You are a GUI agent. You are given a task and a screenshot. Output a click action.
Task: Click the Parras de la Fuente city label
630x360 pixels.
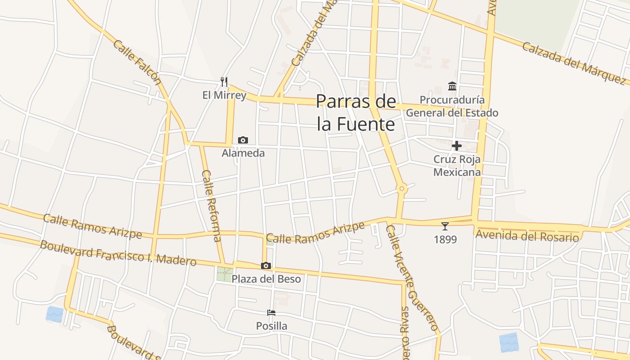[x=356, y=112]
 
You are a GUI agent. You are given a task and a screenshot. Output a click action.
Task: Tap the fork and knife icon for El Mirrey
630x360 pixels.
[x=224, y=82]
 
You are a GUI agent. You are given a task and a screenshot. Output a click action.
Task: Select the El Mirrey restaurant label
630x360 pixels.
[x=224, y=95]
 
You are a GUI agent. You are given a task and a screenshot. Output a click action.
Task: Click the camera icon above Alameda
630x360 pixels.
[x=243, y=140]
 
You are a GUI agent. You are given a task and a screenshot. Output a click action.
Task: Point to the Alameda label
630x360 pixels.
[x=243, y=153]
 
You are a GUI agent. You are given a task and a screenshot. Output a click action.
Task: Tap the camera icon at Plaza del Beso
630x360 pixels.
[x=266, y=266]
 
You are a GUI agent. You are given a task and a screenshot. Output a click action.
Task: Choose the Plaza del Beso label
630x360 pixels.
[x=266, y=279]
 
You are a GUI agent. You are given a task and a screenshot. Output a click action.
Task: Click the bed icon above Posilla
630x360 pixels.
[x=271, y=313]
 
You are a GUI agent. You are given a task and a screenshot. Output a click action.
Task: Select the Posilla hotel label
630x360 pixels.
[x=271, y=326]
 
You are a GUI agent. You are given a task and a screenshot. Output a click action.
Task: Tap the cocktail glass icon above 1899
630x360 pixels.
[x=445, y=226]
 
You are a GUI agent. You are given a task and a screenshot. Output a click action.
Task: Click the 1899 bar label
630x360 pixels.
[x=445, y=239]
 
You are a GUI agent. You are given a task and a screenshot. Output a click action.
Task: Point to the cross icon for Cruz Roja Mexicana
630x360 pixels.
[x=457, y=146]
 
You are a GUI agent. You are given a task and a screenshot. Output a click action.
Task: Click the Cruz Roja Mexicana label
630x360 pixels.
[x=457, y=166]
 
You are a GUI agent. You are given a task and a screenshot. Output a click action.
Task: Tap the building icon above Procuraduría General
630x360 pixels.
[x=452, y=86]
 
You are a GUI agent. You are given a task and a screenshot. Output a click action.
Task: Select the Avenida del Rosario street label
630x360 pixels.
[x=527, y=236]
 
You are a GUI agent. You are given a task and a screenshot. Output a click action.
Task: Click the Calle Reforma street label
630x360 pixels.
[x=211, y=206]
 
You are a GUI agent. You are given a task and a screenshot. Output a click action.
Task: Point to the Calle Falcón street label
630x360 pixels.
[x=137, y=62]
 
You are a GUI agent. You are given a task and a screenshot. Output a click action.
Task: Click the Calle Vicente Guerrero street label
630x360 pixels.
[x=412, y=278]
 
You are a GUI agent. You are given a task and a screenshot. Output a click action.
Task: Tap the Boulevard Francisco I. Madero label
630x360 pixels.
[x=118, y=253]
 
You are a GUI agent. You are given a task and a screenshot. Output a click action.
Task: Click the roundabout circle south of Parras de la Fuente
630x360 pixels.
[x=401, y=189]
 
